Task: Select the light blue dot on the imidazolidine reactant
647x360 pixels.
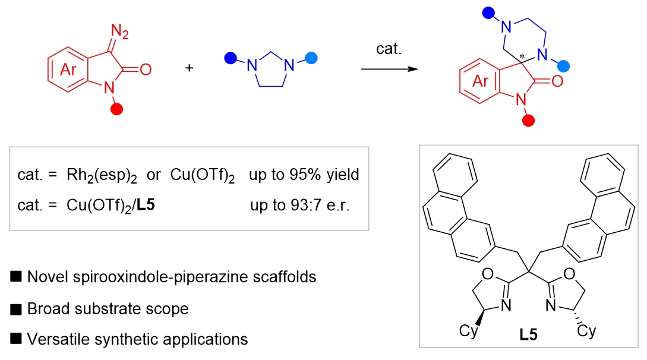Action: click(x=312, y=58)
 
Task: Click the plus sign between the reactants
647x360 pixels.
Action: click(x=190, y=68)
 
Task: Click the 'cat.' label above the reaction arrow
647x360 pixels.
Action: click(x=389, y=49)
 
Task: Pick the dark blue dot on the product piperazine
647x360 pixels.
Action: click(x=488, y=11)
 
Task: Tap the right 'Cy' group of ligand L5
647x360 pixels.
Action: click(x=586, y=330)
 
